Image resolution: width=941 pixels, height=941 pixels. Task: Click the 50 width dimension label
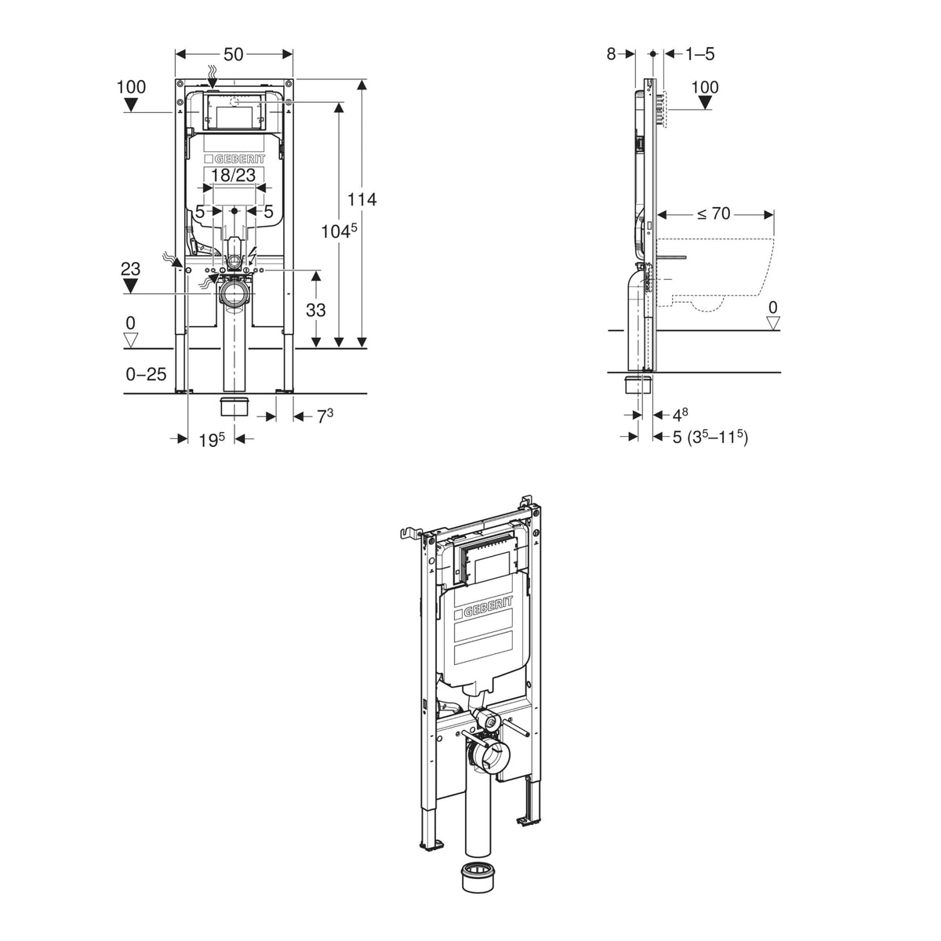point(234,54)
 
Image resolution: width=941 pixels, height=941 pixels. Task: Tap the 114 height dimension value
point(362,199)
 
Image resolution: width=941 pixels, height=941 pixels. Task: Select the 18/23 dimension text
point(234,175)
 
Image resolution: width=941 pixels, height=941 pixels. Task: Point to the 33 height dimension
point(315,310)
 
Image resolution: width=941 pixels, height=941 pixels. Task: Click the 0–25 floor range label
point(146,374)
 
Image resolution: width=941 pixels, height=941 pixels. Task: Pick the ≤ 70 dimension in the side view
point(714,213)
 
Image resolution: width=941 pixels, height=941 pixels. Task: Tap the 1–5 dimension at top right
point(699,54)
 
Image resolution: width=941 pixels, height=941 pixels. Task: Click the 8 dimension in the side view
point(611,54)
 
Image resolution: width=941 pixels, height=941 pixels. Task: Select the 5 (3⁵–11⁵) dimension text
point(710,436)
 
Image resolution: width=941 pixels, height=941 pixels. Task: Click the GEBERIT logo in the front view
point(234,159)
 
